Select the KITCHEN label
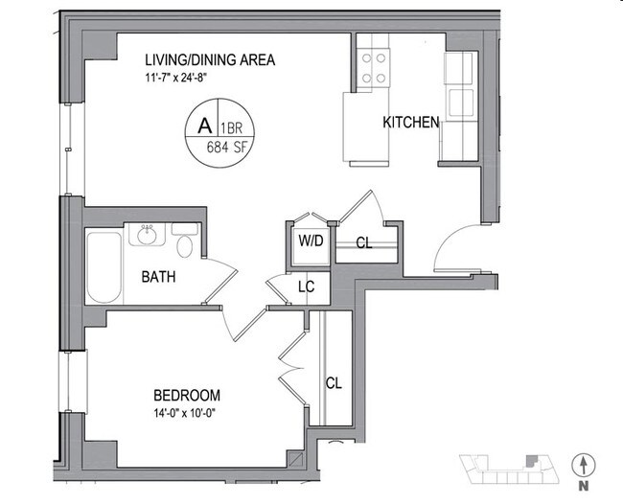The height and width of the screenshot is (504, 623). (x=411, y=123)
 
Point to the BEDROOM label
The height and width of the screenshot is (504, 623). (x=187, y=395)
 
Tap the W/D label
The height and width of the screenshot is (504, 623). (x=311, y=241)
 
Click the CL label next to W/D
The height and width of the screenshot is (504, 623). (x=363, y=242)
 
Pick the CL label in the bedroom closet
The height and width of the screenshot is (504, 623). (x=334, y=383)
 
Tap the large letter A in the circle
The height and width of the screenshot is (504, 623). (x=203, y=126)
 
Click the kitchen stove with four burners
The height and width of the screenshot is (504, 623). (x=374, y=67)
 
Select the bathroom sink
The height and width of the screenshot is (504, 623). (x=149, y=236)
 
